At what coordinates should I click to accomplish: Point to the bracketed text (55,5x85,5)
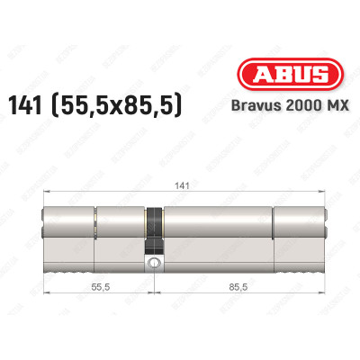pos(136,106)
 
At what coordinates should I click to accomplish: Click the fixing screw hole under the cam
pos(155,264)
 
